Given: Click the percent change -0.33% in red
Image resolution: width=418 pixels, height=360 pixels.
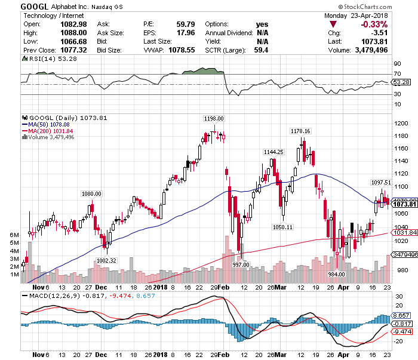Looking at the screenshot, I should [x=371, y=24].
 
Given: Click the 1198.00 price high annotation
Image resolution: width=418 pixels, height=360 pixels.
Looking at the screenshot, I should [x=213, y=118].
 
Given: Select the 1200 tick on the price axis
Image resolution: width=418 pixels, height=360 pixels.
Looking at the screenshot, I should [x=401, y=123].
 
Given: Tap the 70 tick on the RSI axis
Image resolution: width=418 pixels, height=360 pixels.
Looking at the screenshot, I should [x=397, y=74].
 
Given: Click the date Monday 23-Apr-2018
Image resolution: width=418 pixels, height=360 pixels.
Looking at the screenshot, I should [x=364, y=15].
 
